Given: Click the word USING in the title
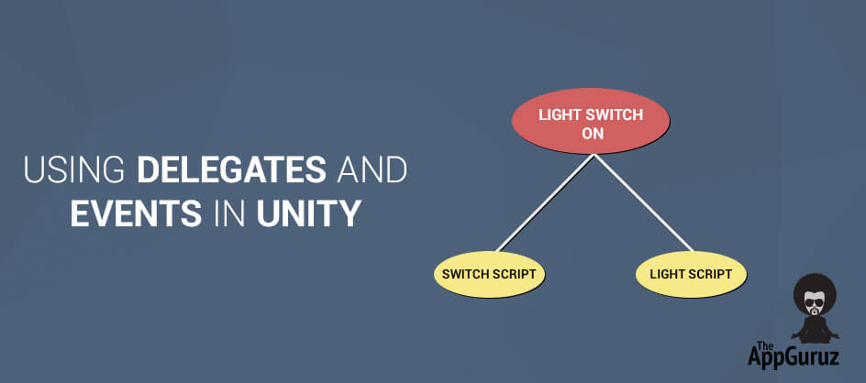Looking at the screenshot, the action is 74,170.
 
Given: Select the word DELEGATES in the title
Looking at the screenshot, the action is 231,170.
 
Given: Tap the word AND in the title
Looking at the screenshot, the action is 372,170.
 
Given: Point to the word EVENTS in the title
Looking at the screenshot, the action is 136,214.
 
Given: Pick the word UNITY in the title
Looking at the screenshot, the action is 309,214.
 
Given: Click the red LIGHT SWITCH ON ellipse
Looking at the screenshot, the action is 591,121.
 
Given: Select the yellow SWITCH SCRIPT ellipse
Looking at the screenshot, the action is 489,274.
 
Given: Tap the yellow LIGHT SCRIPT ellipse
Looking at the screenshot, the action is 691,274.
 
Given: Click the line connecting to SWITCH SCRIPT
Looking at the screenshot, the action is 545,202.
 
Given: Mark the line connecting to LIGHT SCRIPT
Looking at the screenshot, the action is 643,202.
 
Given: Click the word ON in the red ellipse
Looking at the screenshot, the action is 592,133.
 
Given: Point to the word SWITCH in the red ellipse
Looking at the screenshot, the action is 616,115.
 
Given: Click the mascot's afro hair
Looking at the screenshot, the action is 815,290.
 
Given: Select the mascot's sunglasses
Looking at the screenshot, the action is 814,302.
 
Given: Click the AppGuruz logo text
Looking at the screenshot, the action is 794,355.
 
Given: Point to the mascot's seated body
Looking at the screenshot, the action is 815,330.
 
